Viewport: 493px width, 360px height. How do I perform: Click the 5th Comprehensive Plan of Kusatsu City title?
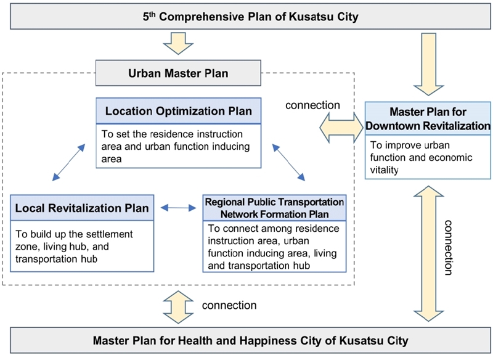coord(246,17)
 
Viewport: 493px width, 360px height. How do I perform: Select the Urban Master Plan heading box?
coord(179,73)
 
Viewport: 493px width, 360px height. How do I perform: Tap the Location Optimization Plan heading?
coord(179,112)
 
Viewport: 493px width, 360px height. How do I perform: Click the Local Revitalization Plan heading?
coord(82,208)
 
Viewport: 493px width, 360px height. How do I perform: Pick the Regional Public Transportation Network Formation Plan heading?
coord(274,208)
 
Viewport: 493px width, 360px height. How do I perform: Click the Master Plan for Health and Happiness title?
coord(246,340)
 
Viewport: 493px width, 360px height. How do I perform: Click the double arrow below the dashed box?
coord(178,306)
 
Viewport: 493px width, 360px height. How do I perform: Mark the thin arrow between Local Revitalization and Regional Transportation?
coord(178,208)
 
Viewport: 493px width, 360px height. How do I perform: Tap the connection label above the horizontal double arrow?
coord(312,105)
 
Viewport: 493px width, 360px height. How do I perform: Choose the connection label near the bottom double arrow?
coord(229,306)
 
